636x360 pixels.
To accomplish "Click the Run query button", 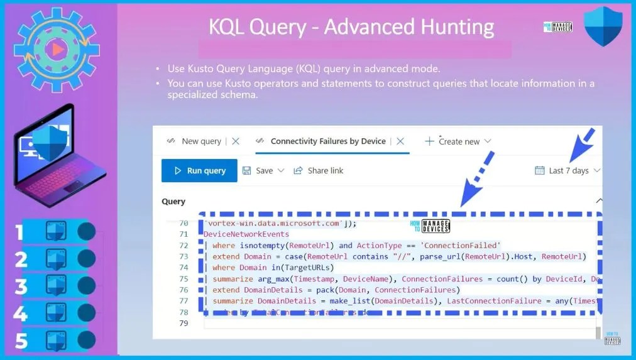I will point(199,170).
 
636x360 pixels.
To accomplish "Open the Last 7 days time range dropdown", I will point(567,170).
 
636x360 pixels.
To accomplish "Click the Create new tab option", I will point(458,141).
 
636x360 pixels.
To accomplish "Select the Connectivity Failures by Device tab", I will point(327,141).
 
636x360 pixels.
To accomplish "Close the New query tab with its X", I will point(236,141).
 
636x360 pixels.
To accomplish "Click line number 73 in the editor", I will point(184,256).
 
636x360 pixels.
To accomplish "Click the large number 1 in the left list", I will point(19,232).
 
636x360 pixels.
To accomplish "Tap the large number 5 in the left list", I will point(21,341).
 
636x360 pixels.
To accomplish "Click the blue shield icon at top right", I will point(603,26).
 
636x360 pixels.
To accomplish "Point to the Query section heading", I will point(173,202).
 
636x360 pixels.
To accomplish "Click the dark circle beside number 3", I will point(86,286).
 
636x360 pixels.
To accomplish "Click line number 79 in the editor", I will point(184,323).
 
